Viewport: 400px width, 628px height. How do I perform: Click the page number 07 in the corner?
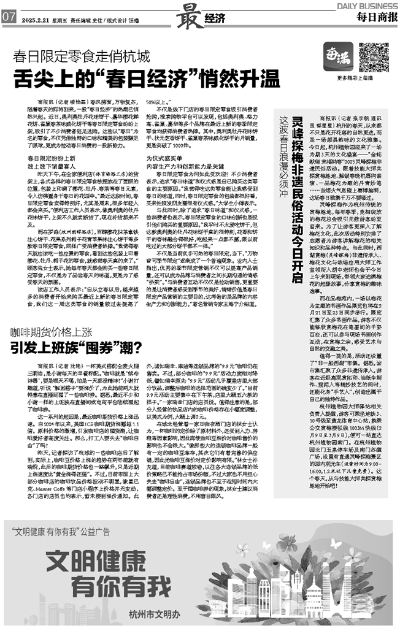point(9,18)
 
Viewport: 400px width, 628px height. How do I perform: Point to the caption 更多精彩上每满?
point(356,80)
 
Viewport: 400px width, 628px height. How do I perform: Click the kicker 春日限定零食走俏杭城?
point(83,59)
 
